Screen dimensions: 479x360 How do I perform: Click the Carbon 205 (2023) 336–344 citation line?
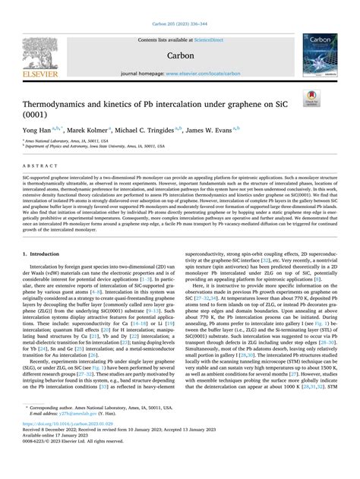pos(179,6)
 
